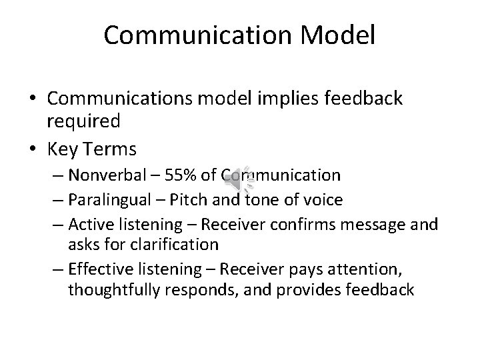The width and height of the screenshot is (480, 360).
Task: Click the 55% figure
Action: coord(183,175)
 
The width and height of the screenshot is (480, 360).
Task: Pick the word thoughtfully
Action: coord(119,290)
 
